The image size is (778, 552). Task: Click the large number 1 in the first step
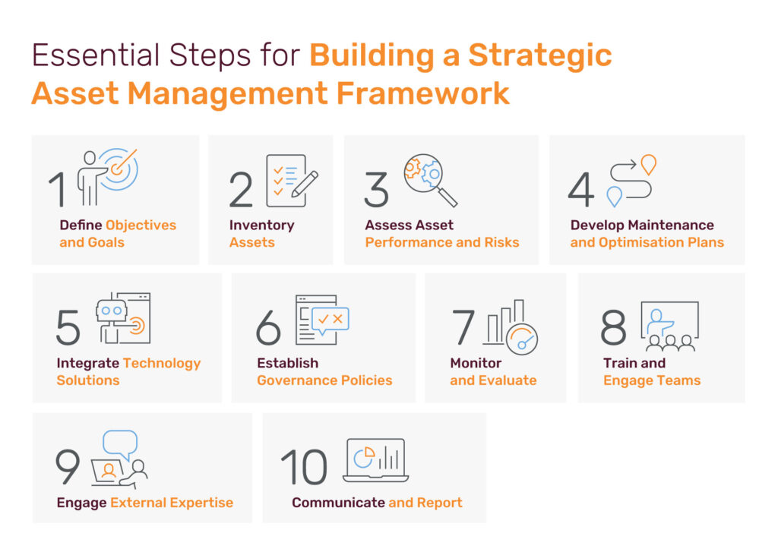pos(58,189)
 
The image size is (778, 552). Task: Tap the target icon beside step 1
pos(119,169)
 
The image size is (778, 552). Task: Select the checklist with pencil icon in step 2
pos(292,181)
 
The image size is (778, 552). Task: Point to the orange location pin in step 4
pos(649,165)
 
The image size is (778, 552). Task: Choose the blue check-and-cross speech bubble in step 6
pos(330,320)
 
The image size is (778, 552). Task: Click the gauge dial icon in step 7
pos(522,339)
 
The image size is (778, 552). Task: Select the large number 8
pos(613,327)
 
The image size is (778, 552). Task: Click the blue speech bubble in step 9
pos(121,444)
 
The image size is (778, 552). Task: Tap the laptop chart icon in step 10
pos(375,460)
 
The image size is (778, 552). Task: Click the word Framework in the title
pos(422,93)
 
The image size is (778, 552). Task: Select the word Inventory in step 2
pos(261,226)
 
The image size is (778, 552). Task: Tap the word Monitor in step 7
pos(476,363)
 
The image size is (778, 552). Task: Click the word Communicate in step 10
pos(338,503)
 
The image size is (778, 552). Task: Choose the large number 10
pos(304,467)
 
